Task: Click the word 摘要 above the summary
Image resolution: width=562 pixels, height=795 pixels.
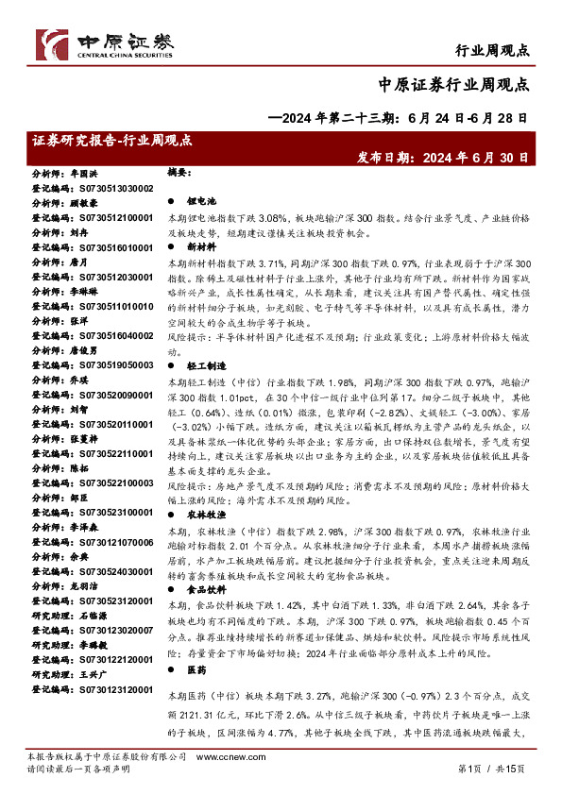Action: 179,174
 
